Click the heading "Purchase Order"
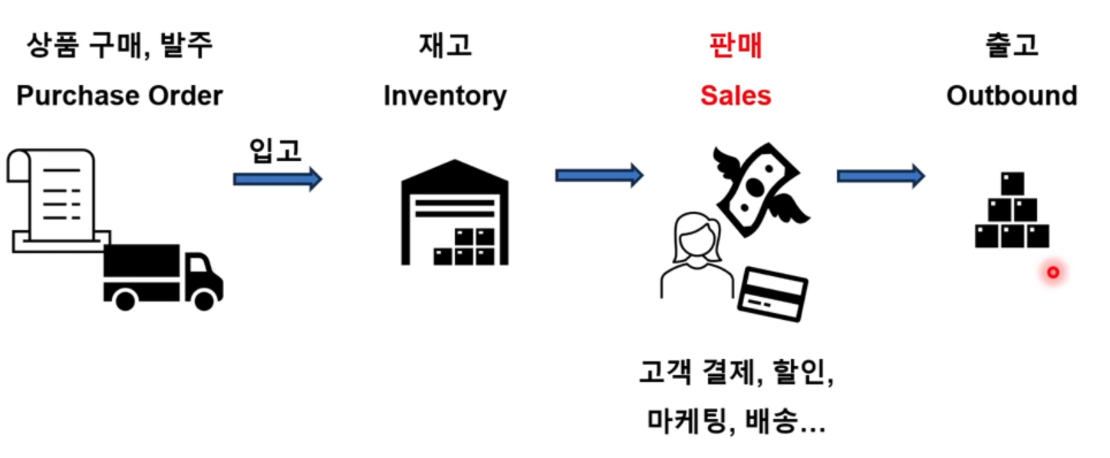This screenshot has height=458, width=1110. click(120, 96)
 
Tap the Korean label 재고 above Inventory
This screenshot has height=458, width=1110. click(445, 46)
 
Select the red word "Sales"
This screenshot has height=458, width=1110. click(736, 96)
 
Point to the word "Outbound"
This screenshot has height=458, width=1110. click(1012, 96)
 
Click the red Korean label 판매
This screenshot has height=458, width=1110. click(736, 46)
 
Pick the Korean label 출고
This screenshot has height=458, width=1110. click(1012, 46)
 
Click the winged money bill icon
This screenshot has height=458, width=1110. click(759, 188)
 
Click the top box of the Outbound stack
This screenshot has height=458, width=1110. click(1013, 184)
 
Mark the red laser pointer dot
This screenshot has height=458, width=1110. click(1053, 272)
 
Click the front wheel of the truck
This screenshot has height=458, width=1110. click(204, 299)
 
